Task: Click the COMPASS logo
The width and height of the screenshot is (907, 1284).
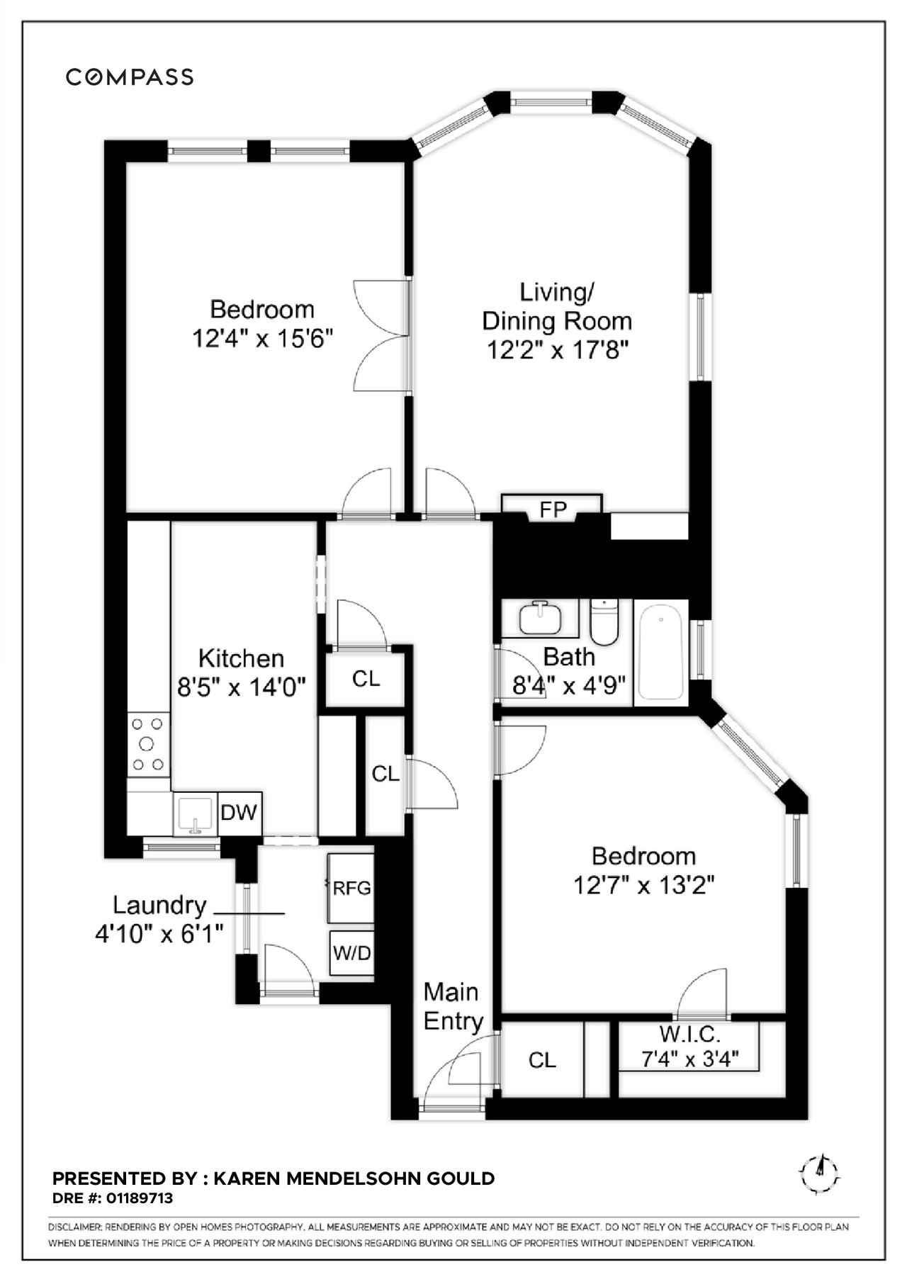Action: (x=130, y=77)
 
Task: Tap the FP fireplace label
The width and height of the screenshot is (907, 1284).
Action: (x=553, y=509)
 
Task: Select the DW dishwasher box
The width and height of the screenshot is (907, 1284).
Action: (x=240, y=812)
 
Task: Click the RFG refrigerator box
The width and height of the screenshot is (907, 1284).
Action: (x=351, y=888)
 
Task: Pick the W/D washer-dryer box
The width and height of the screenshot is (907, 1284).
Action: (x=351, y=953)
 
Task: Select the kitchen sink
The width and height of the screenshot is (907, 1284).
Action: (x=195, y=813)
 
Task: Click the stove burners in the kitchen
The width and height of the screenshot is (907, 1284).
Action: (x=148, y=744)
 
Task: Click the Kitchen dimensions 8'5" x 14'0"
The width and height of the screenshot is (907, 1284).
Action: (x=241, y=687)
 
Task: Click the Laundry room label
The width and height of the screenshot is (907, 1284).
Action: (x=160, y=905)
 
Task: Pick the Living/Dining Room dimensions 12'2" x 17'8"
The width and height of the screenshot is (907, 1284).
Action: (x=558, y=350)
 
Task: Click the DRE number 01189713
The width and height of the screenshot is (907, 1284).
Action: (x=139, y=1198)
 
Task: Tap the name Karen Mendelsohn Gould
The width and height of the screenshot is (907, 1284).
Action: (x=354, y=1178)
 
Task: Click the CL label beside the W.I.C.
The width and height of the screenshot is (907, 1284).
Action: (x=542, y=1060)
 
